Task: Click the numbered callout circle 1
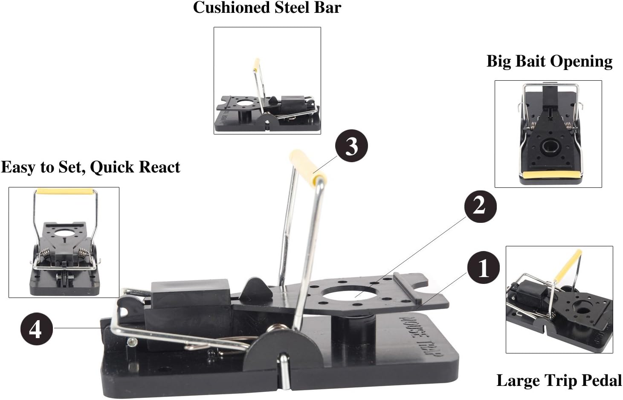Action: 484,268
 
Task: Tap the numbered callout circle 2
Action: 480,206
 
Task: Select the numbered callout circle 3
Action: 351,146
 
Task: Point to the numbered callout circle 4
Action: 37,329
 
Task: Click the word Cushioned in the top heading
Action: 232,7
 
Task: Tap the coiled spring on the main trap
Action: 278,330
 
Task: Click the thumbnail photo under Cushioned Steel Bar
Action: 267,80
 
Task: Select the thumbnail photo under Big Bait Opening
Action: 548,134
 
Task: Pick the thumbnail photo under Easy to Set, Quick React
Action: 64,242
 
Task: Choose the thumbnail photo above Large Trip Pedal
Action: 559,300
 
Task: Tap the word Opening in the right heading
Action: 581,61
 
